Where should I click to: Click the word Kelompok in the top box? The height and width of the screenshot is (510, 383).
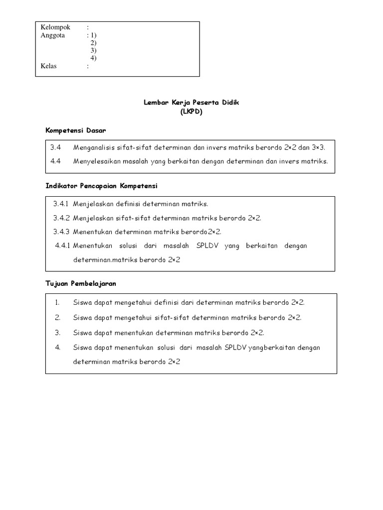coord(55,27)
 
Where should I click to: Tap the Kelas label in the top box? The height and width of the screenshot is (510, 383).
coord(49,66)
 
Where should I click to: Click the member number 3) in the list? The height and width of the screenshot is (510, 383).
coord(94,50)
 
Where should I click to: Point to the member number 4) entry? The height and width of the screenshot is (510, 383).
coord(94,58)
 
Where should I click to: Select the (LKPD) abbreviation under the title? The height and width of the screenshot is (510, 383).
coord(191,112)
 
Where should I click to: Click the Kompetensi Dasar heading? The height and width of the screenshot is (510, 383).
coord(75,130)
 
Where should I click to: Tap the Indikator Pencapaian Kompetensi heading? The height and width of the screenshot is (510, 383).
coord(101,186)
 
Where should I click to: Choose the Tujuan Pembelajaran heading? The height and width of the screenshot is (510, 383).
coord(81,283)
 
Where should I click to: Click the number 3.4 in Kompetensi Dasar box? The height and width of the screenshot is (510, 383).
coord(55,148)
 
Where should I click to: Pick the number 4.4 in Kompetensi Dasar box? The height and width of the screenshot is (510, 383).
coord(55,161)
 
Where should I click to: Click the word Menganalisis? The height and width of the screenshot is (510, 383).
coord(94,148)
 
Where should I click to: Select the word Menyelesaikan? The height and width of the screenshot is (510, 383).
coord(96,161)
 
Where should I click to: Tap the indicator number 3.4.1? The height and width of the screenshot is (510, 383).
coord(61,204)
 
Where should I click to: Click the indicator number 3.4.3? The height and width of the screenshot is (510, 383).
coord(61,232)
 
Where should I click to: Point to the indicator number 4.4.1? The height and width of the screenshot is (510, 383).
coord(63,246)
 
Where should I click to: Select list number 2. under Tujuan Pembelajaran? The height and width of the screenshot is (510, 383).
coord(58,317)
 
